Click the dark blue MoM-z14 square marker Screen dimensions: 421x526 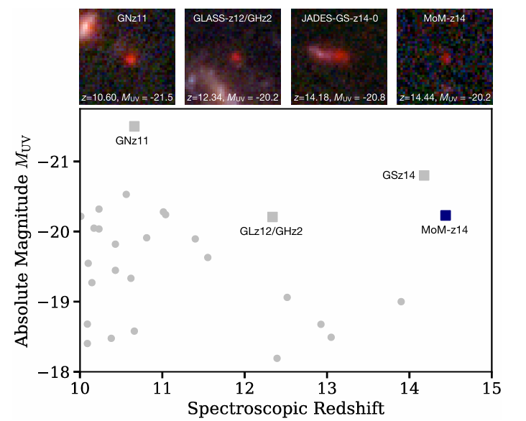click(446, 216)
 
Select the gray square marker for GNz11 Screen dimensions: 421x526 click(134, 126)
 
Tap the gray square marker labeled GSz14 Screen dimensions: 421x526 click(425, 175)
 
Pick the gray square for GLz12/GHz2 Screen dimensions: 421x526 click(272, 217)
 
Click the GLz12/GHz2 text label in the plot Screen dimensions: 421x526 click(271, 231)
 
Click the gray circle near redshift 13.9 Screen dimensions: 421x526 click(401, 302)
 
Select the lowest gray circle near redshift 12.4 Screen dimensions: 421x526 click(277, 358)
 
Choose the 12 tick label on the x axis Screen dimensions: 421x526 click(244, 389)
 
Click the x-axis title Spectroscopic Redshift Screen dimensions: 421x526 click(285, 409)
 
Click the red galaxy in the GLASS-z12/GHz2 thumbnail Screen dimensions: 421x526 click(236, 55)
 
